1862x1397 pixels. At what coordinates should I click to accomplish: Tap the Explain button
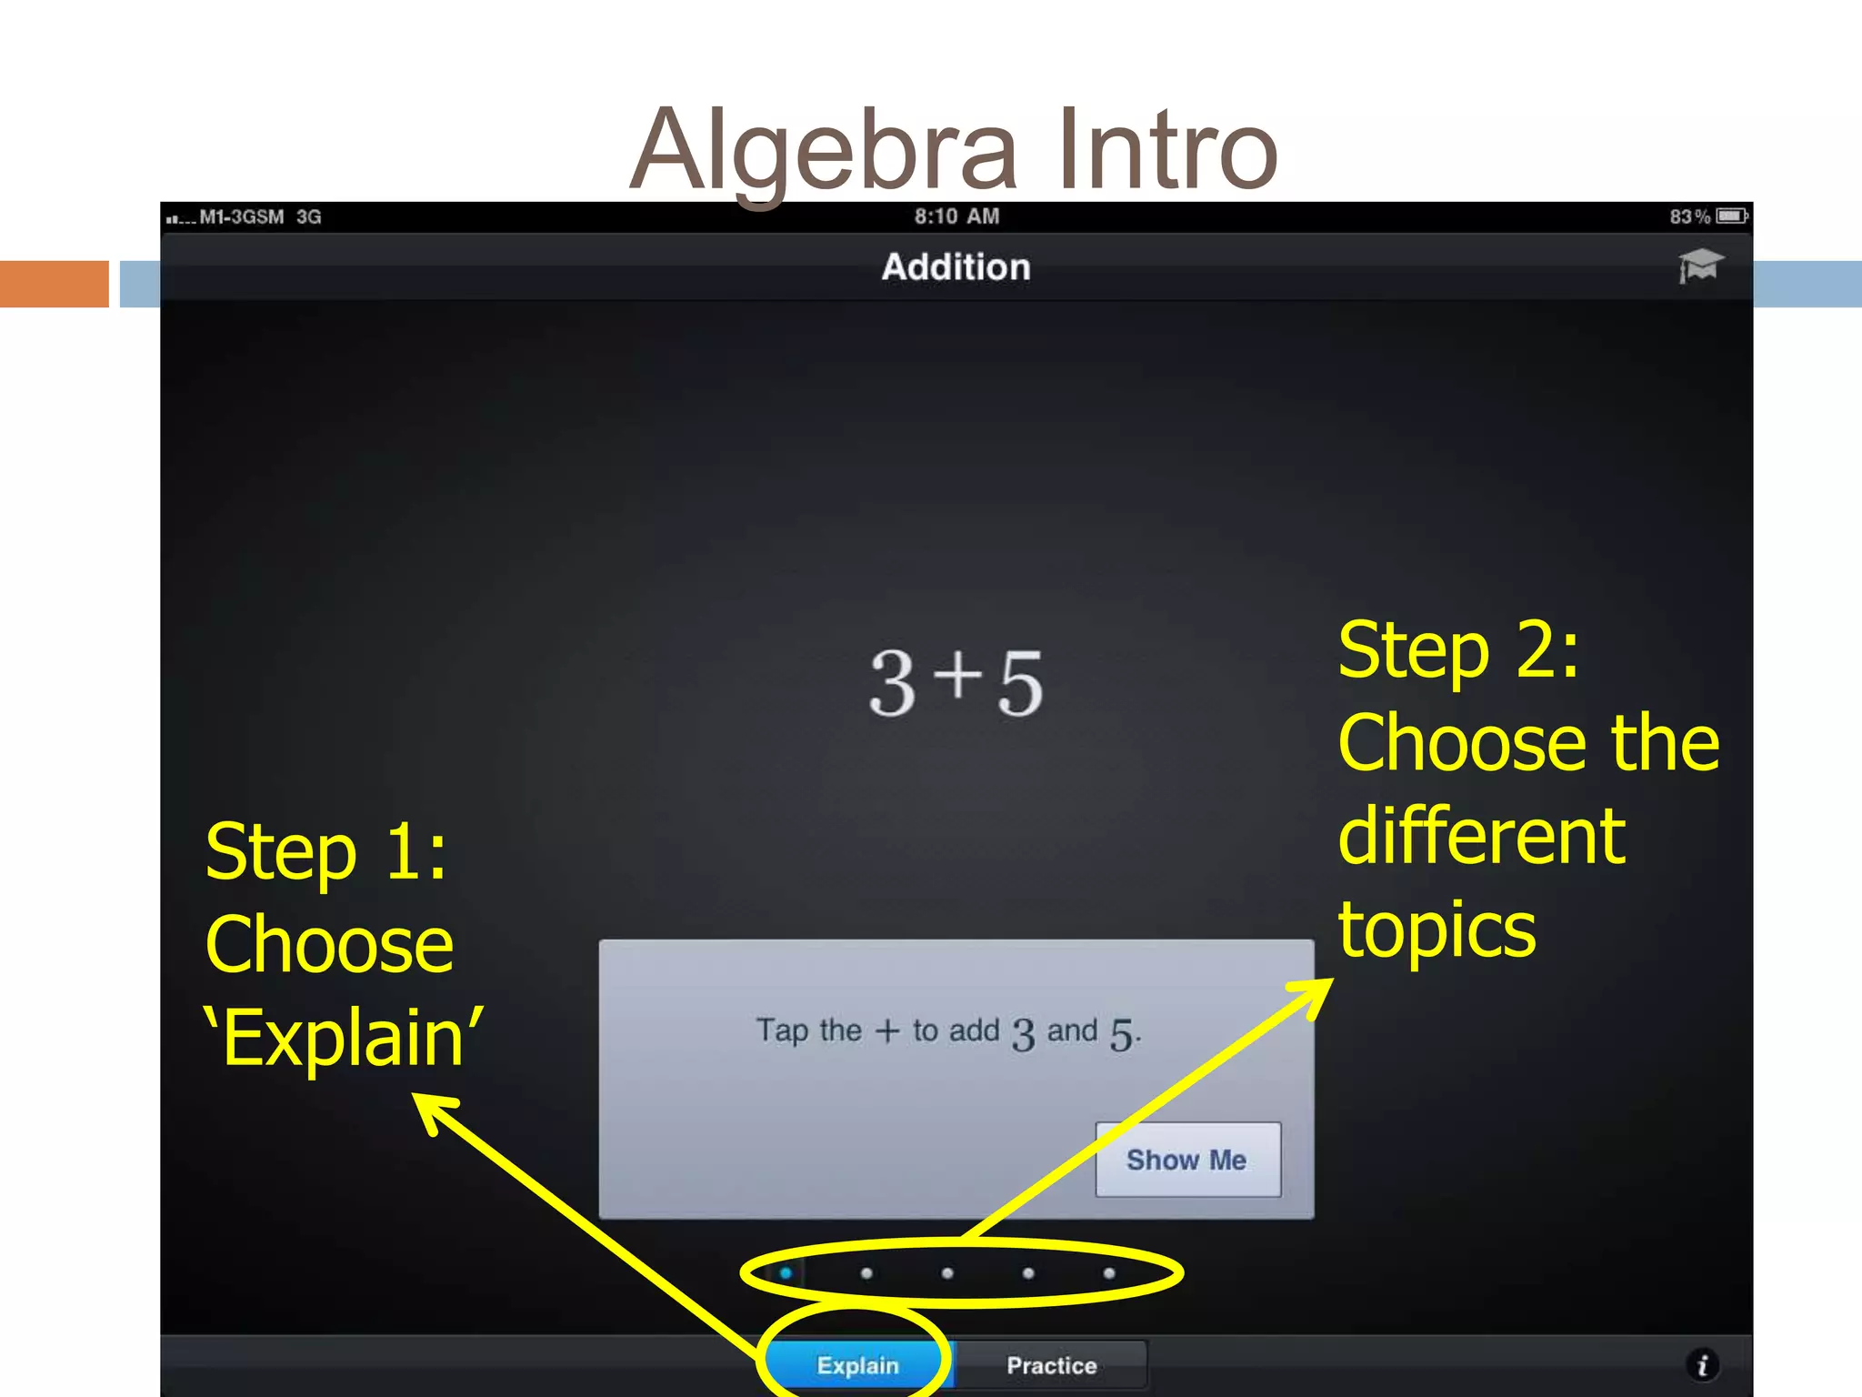pos(857,1364)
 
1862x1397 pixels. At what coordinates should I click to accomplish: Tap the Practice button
pos(1051,1364)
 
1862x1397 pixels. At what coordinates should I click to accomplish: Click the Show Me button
pos(1187,1160)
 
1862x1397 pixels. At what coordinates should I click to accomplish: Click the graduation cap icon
pos(1699,266)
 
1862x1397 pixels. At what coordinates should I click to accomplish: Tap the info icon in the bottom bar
pos(1702,1364)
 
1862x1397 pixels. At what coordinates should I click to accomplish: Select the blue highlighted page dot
pos(786,1273)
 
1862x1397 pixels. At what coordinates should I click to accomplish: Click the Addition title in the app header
pos(956,267)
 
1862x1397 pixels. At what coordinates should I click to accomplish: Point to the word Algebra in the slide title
pos(824,150)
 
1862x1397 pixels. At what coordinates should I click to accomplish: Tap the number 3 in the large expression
pos(892,683)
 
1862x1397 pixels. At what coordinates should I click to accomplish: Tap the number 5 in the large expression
pos(1020,683)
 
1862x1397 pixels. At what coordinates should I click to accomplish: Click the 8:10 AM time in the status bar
pos(956,216)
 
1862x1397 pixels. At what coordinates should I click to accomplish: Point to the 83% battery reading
pos(1689,216)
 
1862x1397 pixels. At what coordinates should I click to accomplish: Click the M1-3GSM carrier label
pos(242,216)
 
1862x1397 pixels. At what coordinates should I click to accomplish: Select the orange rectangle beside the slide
pos(55,284)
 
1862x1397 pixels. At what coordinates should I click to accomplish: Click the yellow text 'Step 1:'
pos(326,852)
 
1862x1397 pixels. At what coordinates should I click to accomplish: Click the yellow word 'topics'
pos(1437,930)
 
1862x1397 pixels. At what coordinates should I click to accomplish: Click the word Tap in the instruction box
pos(782,1030)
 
